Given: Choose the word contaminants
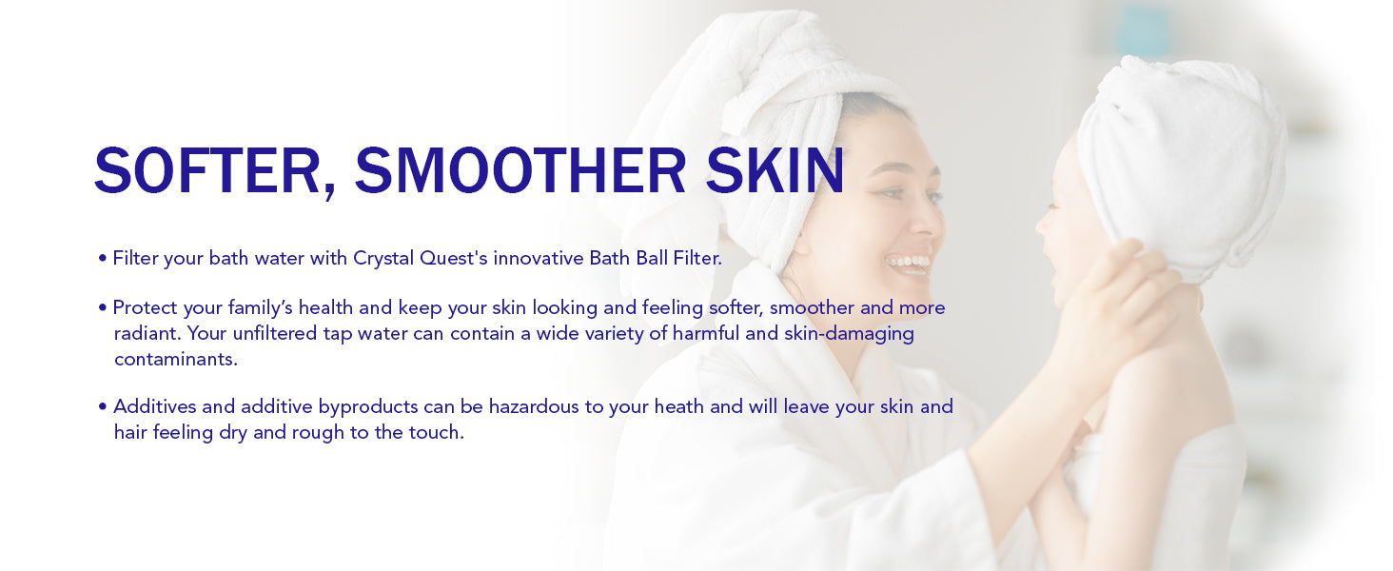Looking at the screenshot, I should tap(176, 360).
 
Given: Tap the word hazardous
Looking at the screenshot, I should tap(534, 407).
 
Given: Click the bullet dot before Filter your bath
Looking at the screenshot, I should tap(102, 259).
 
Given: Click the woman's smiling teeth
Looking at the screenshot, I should tap(908, 262).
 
